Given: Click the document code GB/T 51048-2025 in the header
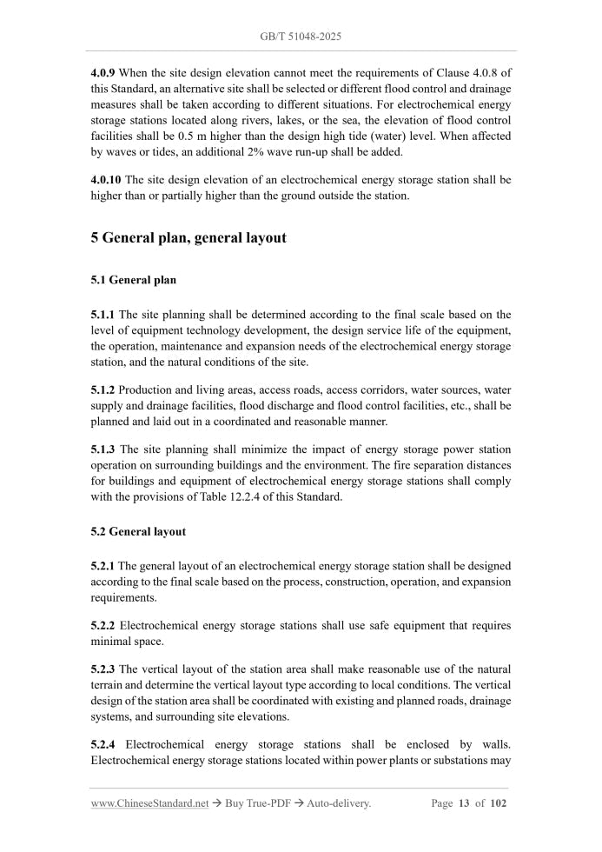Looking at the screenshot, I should pyautogui.click(x=301, y=37).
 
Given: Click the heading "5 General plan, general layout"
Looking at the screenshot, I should pyautogui.click(x=189, y=237).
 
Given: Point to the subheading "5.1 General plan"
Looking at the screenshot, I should pyautogui.click(x=133, y=281).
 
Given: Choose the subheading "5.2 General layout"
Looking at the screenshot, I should pyautogui.click(x=138, y=531).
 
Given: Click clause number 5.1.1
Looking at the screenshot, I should pyautogui.click(x=103, y=315).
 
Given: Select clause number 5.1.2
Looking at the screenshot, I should pyautogui.click(x=103, y=389).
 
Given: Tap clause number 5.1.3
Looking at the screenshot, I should pyautogui.click(x=103, y=449).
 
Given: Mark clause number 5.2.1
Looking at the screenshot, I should pyautogui.click(x=103, y=566).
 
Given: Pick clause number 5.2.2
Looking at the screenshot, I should pyautogui.click(x=103, y=626).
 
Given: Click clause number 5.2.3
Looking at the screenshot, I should pyautogui.click(x=103, y=669).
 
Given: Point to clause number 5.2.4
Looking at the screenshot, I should pyautogui.click(x=103, y=744).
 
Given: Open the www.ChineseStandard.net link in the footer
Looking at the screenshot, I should pyautogui.click(x=149, y=804).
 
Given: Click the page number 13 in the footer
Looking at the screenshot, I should pyautogui.click(x=463, y=804).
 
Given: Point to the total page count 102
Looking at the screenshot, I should pyautogui.click(x=498, y=804).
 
